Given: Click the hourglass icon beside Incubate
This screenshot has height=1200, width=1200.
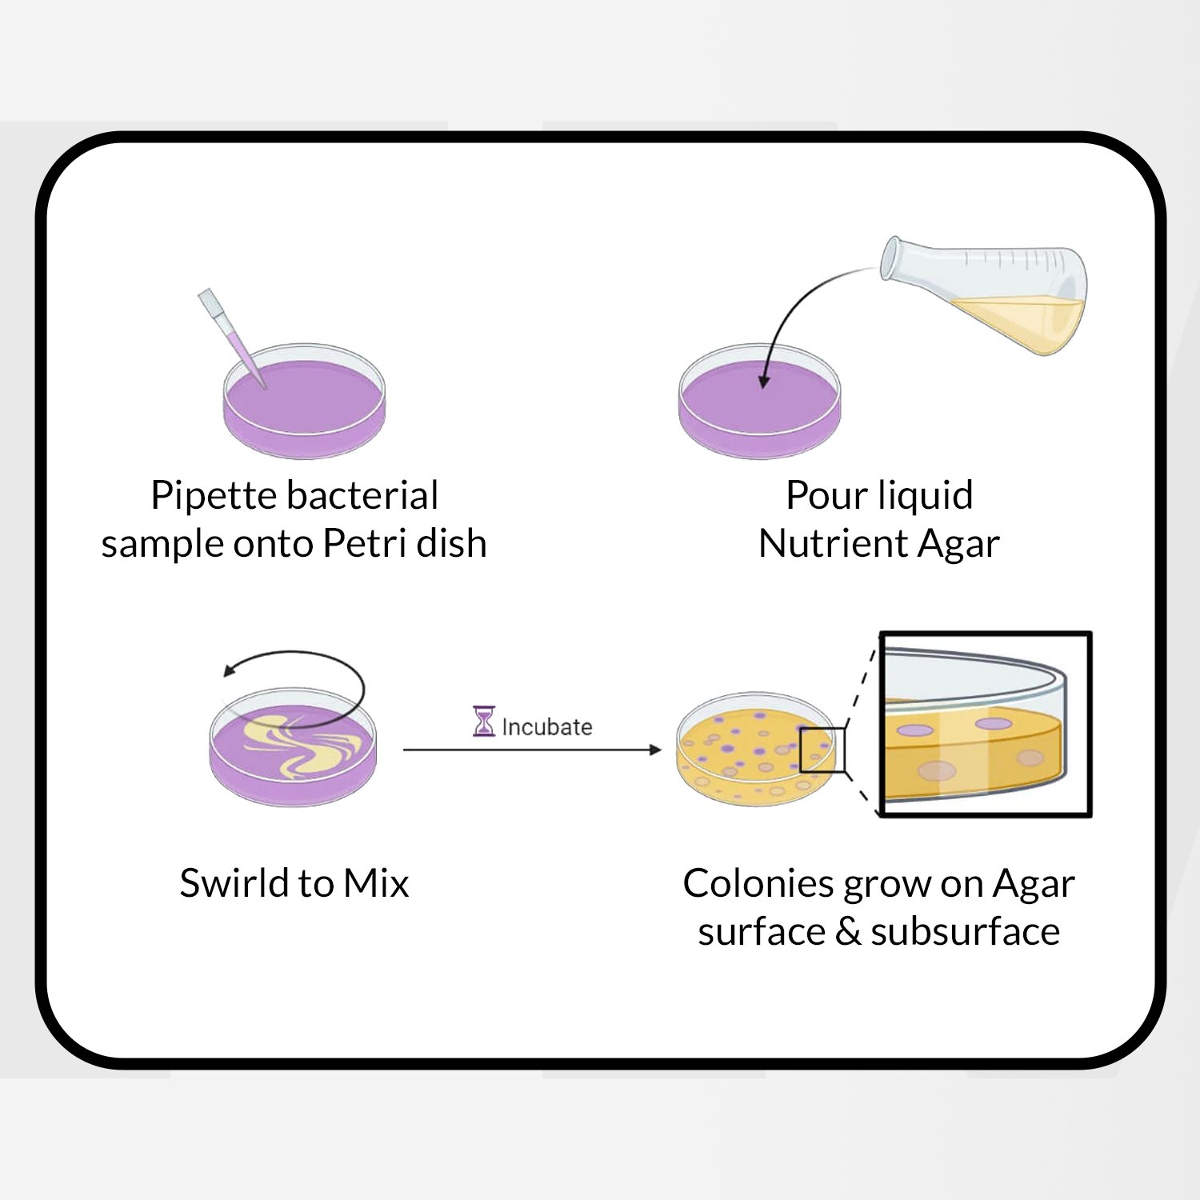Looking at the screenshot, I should (484, 722).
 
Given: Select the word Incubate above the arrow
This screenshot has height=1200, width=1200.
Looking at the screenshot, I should (547, 726).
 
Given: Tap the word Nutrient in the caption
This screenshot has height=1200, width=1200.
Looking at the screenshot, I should (833, 544).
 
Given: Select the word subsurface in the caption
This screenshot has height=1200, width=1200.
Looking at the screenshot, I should (965, 932).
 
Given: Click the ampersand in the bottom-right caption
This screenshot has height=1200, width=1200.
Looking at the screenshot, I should (848, 932).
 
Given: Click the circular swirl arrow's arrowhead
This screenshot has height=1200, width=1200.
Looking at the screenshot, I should (230, 670).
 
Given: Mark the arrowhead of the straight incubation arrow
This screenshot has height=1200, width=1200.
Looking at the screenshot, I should (655, 750).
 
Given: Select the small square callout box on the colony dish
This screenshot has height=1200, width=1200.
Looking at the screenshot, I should (822, 750).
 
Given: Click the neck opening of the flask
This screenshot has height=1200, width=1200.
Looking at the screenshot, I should (890, 258).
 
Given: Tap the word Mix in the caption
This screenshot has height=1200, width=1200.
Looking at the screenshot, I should (376, 883).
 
